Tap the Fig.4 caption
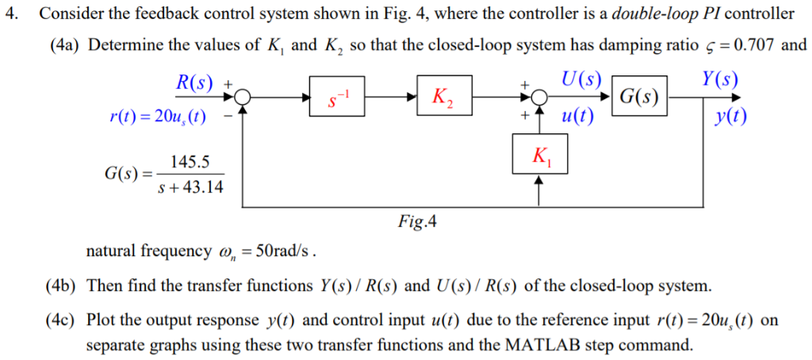point(417,221)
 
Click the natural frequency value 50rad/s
point(282,252)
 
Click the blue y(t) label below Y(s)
point(730,117)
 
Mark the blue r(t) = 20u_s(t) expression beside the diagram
point(158,118)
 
